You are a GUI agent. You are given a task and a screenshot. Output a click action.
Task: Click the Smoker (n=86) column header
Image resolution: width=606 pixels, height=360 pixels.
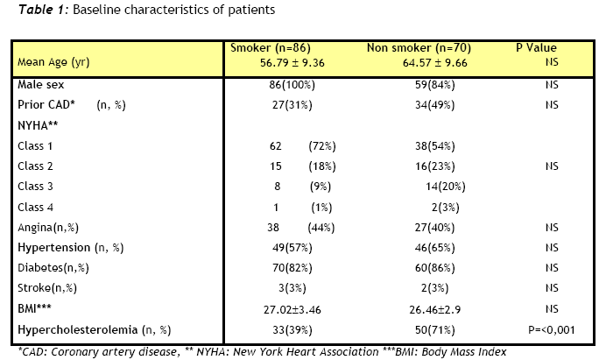point(271,48)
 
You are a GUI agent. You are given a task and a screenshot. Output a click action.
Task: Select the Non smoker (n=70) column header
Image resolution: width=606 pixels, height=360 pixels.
point(419,48)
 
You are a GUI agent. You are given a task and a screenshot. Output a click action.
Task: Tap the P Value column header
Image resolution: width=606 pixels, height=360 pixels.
point(536,48)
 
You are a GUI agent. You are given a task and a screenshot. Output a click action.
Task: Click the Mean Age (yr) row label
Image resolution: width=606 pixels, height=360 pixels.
point(53,62)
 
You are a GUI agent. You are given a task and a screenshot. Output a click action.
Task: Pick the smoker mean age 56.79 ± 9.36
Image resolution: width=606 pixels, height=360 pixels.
point(292,63)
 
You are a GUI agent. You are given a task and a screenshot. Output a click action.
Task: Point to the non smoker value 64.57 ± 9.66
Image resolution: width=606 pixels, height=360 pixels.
point(434,63)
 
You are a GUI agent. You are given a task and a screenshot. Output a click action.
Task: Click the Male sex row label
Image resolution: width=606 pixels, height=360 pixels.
point(40,85)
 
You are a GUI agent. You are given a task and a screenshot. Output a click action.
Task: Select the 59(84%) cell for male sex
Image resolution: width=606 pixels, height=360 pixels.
point(434,85)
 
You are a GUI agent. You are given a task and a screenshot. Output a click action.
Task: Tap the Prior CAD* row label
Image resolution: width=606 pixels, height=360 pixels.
point(46,105)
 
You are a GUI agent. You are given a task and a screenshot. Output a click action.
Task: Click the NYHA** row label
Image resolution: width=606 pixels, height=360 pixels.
point(38,125)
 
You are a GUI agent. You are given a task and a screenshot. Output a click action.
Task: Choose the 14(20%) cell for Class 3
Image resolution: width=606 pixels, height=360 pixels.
point(445,187)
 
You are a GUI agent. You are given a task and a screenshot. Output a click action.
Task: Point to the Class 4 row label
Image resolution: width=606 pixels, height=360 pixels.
point(35,208)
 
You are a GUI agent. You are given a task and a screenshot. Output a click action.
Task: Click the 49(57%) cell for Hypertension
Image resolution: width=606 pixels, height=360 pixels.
point(292,248)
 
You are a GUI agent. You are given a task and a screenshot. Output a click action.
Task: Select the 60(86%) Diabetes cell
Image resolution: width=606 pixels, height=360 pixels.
point(434,268)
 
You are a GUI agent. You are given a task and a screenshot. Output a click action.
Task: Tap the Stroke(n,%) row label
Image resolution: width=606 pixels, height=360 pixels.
point(47,288)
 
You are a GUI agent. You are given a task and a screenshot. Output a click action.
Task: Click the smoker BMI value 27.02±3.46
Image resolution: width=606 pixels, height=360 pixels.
point(292,310)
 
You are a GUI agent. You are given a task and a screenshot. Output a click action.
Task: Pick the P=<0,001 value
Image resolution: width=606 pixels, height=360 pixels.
point(552,330)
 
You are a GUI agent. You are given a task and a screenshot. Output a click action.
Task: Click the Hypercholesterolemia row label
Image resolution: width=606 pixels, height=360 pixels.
point(77,330)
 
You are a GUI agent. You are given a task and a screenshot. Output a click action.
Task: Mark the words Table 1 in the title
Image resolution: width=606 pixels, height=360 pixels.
point(40,10)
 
